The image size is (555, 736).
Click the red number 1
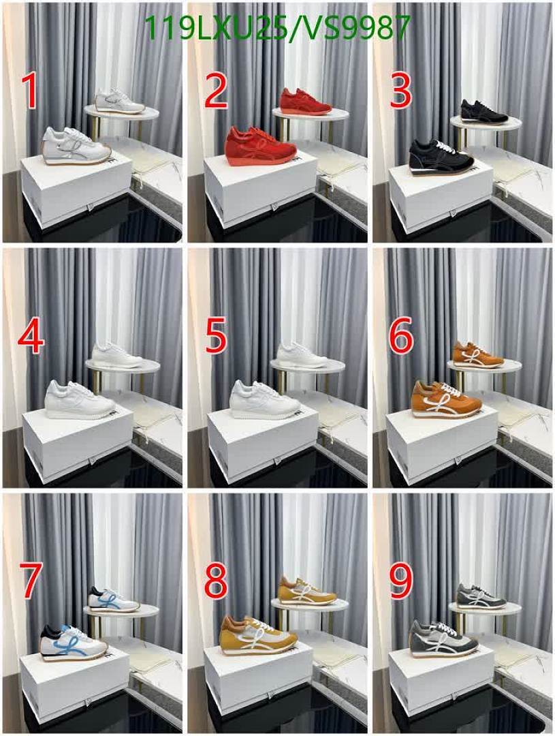(29, 91)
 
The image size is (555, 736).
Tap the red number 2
(217, 91)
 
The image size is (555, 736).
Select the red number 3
(400, 91)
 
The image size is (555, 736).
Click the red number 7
(31, 581)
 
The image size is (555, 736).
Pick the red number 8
(217, 581)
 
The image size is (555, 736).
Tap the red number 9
(401, 581)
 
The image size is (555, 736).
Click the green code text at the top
(278, 28)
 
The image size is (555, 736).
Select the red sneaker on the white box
(260, 146)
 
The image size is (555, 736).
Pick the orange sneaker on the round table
(477, 355)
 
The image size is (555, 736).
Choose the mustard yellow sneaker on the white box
(258, 637)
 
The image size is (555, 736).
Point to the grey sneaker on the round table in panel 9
(481, 596)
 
